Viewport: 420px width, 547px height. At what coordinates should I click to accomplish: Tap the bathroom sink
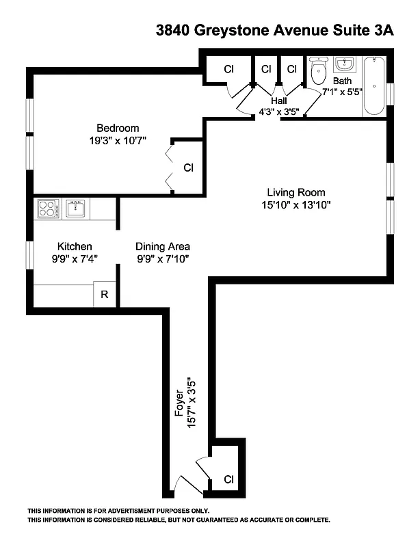point(345,66)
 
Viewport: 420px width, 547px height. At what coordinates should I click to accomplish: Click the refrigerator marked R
point(105,295)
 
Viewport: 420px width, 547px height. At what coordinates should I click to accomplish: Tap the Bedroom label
point(118,128)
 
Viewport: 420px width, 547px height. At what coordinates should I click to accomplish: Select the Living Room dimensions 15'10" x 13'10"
point(296,204)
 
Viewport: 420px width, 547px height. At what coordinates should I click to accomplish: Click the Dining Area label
point(162,247)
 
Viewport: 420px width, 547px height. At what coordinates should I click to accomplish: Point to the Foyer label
point(180,403)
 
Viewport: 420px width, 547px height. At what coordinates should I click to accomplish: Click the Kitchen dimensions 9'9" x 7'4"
point(75,258)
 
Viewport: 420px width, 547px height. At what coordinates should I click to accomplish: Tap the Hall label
point(278,101)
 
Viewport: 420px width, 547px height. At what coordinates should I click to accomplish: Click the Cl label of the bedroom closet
point(188,167)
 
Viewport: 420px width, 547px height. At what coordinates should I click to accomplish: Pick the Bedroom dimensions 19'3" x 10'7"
point(118,139)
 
